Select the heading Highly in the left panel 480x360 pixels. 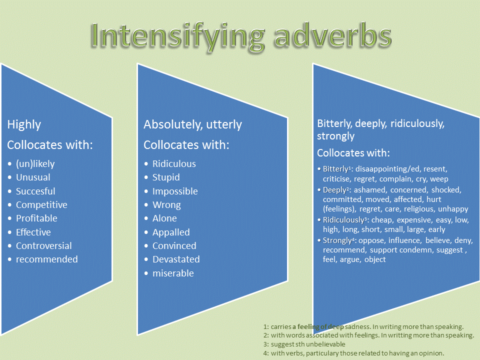pyautogui.click(x=24, y=124)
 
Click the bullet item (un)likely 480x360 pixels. pyautogui.click(x=35, y=164)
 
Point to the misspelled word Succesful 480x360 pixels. pyautogui.click(x=35, y=191)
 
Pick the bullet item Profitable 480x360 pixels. pyautogui.click(x=36, y=218)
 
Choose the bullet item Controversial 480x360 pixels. pyautogui.click(x=43, y=245)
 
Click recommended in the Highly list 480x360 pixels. pyautogui.click(x=46, y=259)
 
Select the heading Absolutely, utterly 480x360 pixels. pyautogui.click(x=192, y=124)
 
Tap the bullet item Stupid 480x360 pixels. pyautogui.click(x=166, y=177)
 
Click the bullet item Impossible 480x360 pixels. pyautogui.click(x=175, y=191)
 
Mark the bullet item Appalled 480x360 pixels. pyautogui.click(x=171, y=232)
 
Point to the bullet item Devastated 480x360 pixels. pyautogui.click(x=176, y=259)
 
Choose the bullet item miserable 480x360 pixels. pyautogui.click(x=173, y=273)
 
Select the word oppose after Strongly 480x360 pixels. pyautogui.click(x=369, y=240)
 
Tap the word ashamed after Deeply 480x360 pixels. pyautogui.click(x=370, y=190)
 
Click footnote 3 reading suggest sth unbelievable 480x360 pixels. pyautogui.click(x=307, y=344)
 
